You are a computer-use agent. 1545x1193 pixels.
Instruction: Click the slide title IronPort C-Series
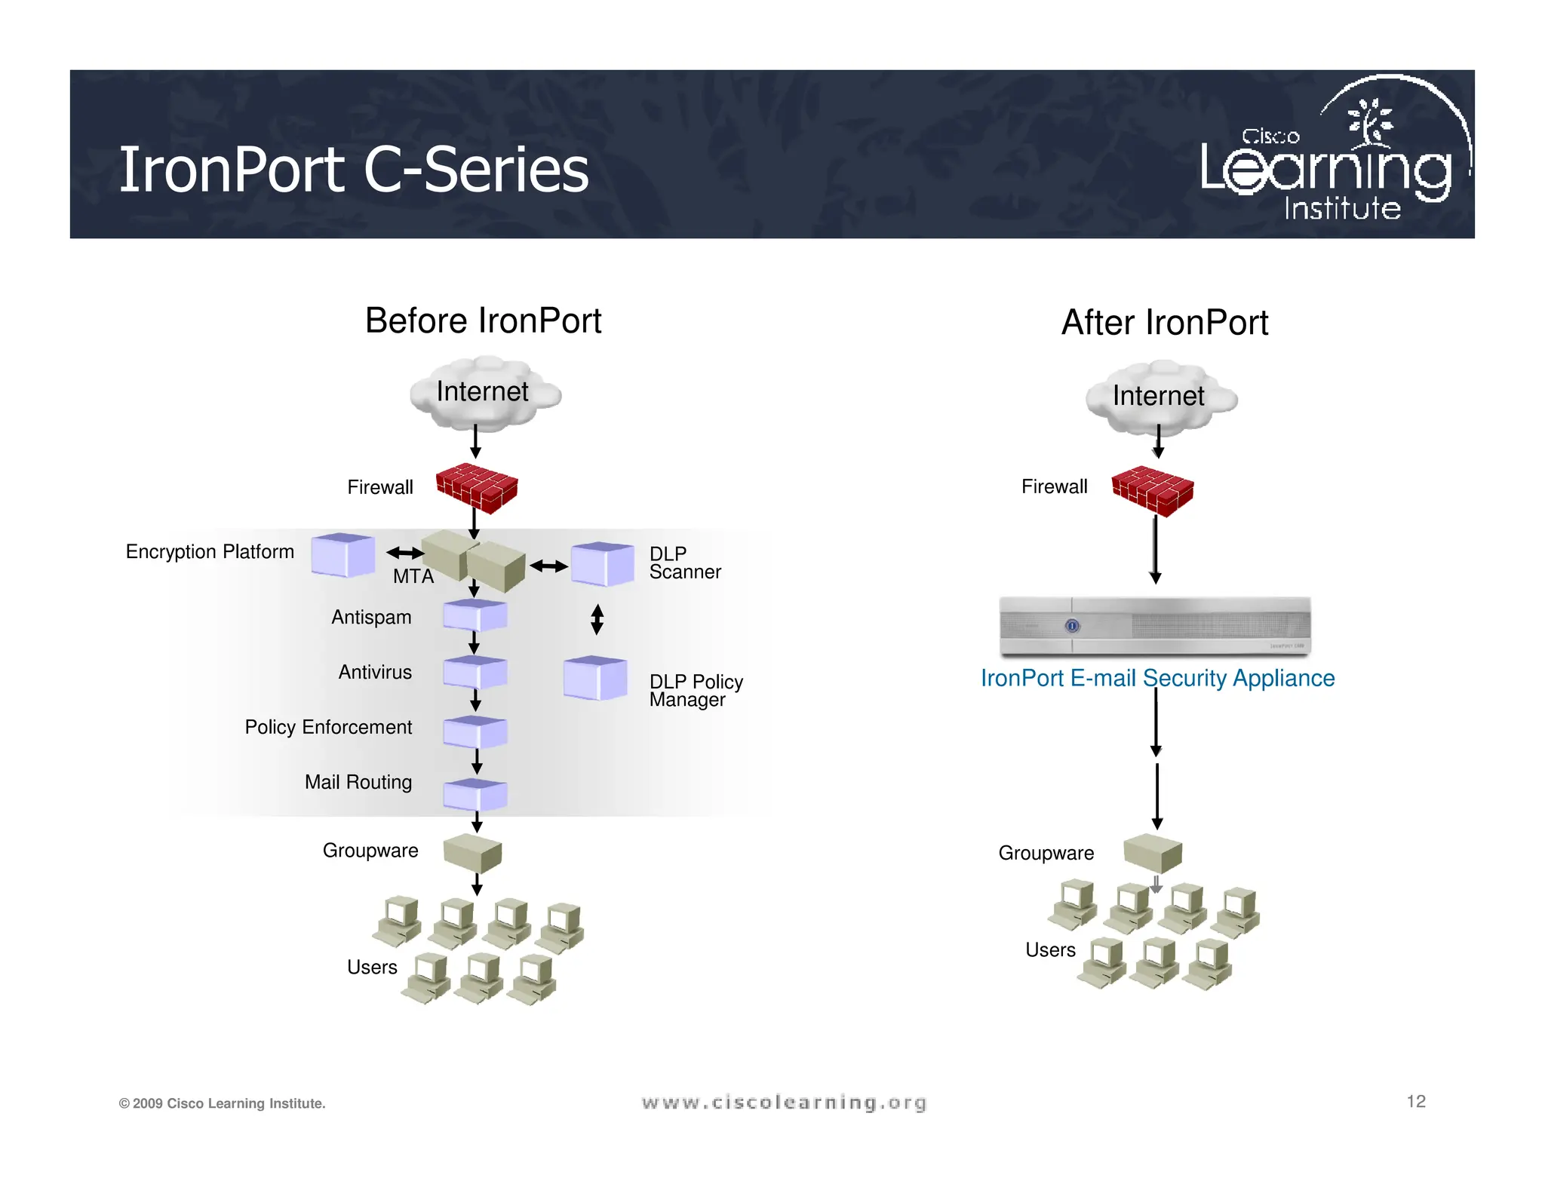point(353,170)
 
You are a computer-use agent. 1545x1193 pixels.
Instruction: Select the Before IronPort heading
point(483,320)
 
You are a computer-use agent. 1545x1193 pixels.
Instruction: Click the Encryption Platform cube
point(342,555)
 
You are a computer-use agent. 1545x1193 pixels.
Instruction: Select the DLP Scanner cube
point(601,563)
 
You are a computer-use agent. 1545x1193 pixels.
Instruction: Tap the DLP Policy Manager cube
point(594,677)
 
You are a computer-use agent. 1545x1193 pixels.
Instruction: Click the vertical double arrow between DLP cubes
point(597,619)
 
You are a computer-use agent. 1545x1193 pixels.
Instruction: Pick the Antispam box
point(475,615)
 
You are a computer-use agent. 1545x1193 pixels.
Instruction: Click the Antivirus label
point(375,672)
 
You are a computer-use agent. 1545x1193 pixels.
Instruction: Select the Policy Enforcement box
point(475,731)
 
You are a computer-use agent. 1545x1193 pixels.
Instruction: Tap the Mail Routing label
point(358,782)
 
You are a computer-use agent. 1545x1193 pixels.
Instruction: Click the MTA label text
point(413,576)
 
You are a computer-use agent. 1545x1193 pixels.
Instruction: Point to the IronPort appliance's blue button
point(1072,626)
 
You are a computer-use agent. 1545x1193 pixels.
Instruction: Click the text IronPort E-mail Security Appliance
point(1157,678)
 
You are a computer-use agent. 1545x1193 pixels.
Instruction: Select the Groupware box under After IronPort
point(1152,853)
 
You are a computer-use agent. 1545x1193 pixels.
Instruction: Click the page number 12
point(1415,1101)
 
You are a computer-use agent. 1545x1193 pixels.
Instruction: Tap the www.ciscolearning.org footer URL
point(784,1103)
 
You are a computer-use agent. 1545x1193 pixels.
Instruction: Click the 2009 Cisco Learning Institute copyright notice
point(222,1103)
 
